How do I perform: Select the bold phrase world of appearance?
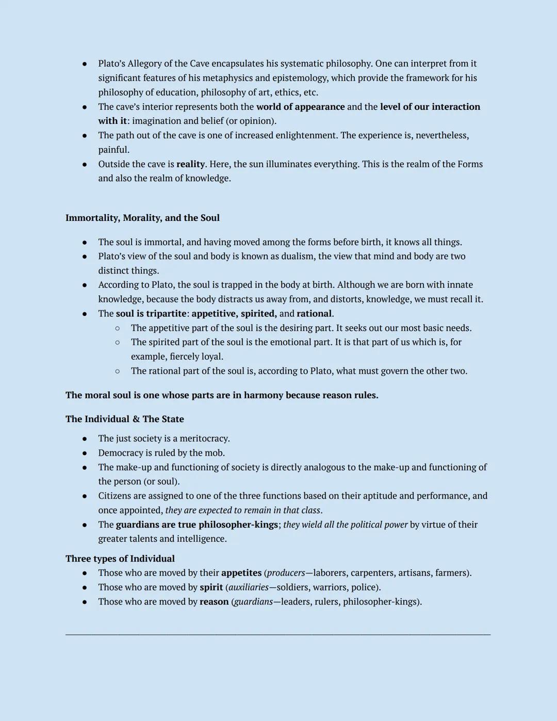tap(300, 107)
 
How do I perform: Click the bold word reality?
tap(190, 164)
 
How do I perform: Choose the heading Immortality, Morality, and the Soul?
tap(142, 218)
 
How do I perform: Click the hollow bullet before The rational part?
tap(118, 371)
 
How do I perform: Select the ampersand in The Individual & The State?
tap(136, 419)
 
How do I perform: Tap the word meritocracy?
tap(204, 439)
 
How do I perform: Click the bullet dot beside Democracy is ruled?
tap(85, 453)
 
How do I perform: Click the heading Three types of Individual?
tap(120, 558)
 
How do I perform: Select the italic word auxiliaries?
tap(248, 587)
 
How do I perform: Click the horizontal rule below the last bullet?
tap(278, 634)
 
